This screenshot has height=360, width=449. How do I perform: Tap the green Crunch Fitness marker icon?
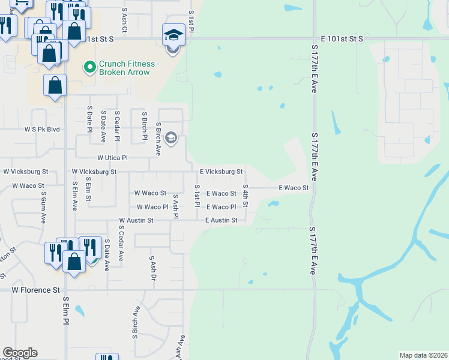tap(89, 67)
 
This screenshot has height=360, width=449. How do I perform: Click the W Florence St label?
tap(35, 289)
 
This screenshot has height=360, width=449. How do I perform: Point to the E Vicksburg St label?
tap(221, 172)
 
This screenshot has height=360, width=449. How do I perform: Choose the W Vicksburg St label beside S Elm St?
tap(94, 172)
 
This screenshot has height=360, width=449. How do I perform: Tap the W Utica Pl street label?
tap(108, 158)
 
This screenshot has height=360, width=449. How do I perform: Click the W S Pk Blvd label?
tap(42, 129)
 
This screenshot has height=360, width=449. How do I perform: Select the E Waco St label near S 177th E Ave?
tap(294, 188)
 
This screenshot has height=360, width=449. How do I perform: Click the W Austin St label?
tap(136, 221)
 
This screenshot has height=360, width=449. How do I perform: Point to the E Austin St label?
tap(221, 221)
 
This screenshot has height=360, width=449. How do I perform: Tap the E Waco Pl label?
tap(221, 207)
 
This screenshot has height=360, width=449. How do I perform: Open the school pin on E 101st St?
tap(173, 35)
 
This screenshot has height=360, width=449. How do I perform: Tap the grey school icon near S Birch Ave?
tap(171, 139)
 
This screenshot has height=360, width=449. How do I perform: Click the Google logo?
tap(20, 353)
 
